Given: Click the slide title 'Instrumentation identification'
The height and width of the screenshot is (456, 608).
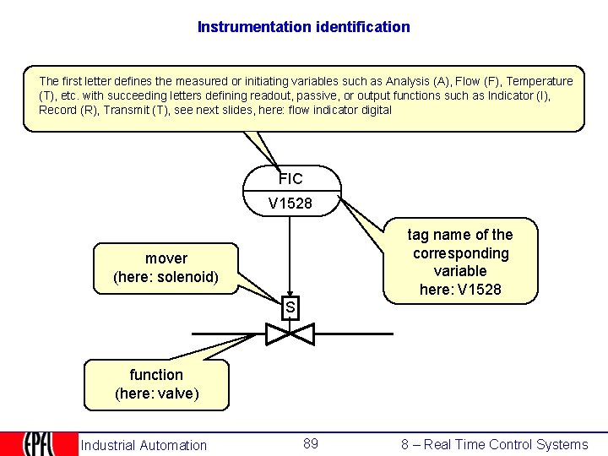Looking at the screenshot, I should tap(304, 27).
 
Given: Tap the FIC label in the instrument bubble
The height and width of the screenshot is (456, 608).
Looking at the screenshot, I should tap(290, 179).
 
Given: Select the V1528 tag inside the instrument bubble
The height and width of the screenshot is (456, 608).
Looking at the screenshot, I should tap(290, 204).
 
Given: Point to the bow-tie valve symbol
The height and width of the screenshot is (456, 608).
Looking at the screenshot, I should tap(290, 334).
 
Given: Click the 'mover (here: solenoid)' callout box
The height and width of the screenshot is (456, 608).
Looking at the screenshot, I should tap(166, 268).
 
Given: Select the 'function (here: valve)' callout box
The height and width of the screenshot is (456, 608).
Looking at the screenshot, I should tap(156, 384).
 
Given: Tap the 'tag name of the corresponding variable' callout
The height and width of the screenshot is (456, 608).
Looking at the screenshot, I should tap(460, 262).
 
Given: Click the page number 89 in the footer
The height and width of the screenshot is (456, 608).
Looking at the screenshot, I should tap(311, 444).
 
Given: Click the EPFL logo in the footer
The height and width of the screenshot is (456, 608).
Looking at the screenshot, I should tap(38, 444).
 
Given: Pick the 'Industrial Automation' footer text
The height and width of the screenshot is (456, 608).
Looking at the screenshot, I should tap(144, 445).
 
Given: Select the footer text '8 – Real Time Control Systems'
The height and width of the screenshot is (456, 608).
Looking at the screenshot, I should tap(495, 445).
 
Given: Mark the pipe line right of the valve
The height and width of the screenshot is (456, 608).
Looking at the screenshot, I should tap(355, 334).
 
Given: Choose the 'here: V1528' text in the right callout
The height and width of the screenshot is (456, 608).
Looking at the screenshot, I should tap(460, 290).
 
